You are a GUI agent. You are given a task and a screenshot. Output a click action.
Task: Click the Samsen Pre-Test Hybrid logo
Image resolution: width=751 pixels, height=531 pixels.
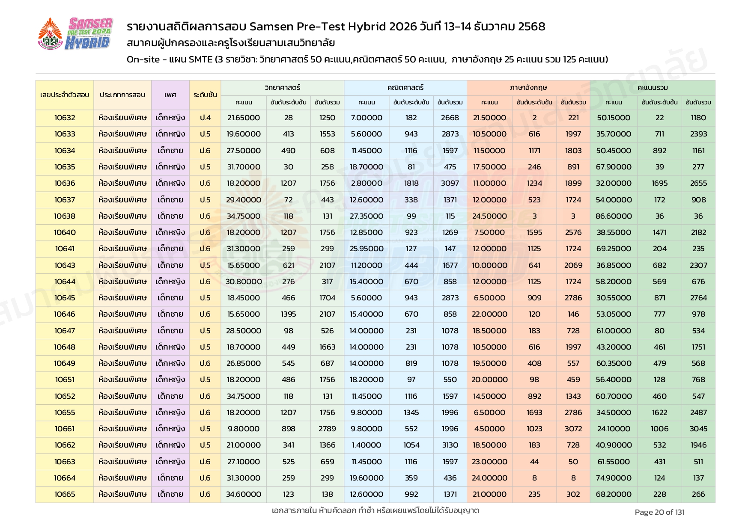(x=75, y=34)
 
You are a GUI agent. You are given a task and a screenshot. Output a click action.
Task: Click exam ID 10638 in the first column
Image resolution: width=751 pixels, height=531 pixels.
(x=65, y=216)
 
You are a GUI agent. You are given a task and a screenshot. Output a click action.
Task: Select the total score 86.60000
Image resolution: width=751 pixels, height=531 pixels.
(x=614, y=216)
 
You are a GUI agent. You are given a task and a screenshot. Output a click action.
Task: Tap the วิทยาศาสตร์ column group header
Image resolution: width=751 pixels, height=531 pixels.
(x=282, y=87)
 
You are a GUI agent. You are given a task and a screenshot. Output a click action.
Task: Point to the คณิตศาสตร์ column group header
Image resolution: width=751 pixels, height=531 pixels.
(x=405, y=87)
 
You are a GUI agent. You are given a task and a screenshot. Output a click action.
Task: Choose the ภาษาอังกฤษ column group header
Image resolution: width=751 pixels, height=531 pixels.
(x=528, y=87)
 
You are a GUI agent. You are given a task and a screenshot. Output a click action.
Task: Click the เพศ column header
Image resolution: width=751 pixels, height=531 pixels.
(x=170, y=95)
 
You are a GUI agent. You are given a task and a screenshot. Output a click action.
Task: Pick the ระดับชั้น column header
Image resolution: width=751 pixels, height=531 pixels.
(x=205, y=95)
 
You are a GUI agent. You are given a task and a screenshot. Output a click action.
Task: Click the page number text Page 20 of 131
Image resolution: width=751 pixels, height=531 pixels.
(x=659, y=512)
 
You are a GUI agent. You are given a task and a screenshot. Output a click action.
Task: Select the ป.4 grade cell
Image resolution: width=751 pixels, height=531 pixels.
(x=205, y=118)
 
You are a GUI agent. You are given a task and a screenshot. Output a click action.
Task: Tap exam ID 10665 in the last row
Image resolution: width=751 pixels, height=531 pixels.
(x=65, y=494)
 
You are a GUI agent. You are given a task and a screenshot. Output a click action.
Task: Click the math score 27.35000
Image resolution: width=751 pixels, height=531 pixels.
(x=367, y=216)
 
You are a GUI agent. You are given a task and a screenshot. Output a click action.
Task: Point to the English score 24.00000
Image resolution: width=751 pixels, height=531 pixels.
(x=489, y=478)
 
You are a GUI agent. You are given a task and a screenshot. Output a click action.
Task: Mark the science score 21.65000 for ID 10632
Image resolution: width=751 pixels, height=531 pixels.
(x=244, y=118)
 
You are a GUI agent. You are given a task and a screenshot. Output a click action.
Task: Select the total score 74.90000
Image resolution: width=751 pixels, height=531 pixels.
(x=614, y=478)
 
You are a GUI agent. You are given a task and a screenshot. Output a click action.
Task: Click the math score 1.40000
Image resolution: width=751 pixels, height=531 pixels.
(x=367, y=445)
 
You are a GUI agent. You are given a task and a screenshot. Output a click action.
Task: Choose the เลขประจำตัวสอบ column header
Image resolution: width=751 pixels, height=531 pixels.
(x=65, y=95)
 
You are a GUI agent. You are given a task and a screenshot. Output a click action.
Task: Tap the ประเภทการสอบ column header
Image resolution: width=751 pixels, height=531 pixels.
(x=122, y=95)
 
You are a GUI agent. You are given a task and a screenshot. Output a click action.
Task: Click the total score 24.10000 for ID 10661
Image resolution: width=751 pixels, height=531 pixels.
(x=614, y=429)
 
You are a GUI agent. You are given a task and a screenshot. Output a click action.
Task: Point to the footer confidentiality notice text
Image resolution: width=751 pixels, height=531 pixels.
(x=375, y=510)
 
